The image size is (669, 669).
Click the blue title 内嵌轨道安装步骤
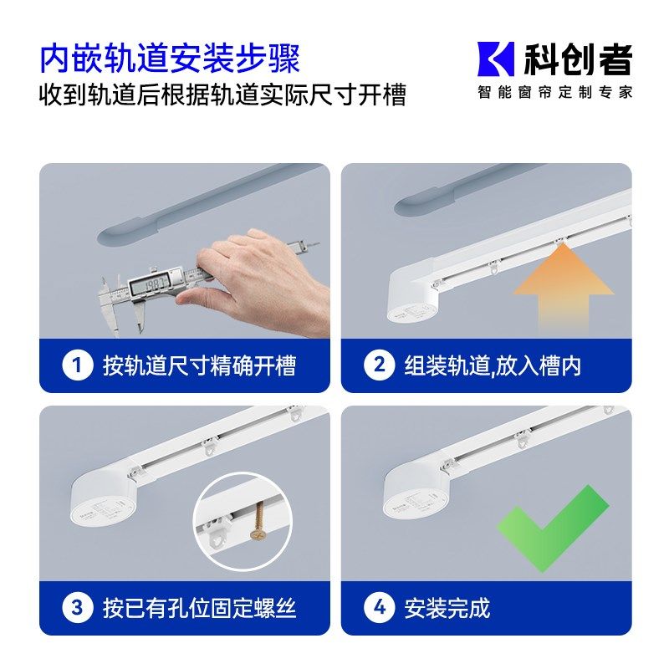pos(170,59)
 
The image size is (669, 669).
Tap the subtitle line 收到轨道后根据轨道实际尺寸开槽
pos(222,94)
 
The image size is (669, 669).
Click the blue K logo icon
pos(495,59)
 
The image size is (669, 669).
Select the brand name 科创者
pos(577,59)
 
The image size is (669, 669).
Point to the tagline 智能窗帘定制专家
pos(554,92)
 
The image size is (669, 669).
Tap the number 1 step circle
pos(77,365)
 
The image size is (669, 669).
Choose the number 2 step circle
pos(379,365)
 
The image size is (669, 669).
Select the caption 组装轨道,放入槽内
pos(493,365)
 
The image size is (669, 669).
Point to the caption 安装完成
pos(447,608)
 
